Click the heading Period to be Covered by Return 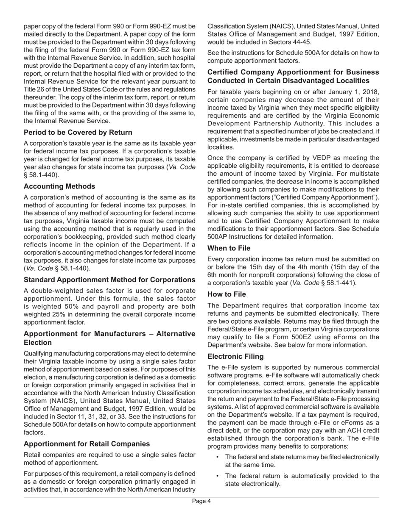click(78, 132)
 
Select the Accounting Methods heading click(59, 186)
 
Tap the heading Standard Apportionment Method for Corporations click(109, 280)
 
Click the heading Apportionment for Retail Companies click(87, 444)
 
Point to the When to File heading click(229, 248)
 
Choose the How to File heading click(227, 294)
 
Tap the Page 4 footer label click(201, 501)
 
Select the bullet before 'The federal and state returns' click(218, 457)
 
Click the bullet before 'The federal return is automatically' click(218, 476)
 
